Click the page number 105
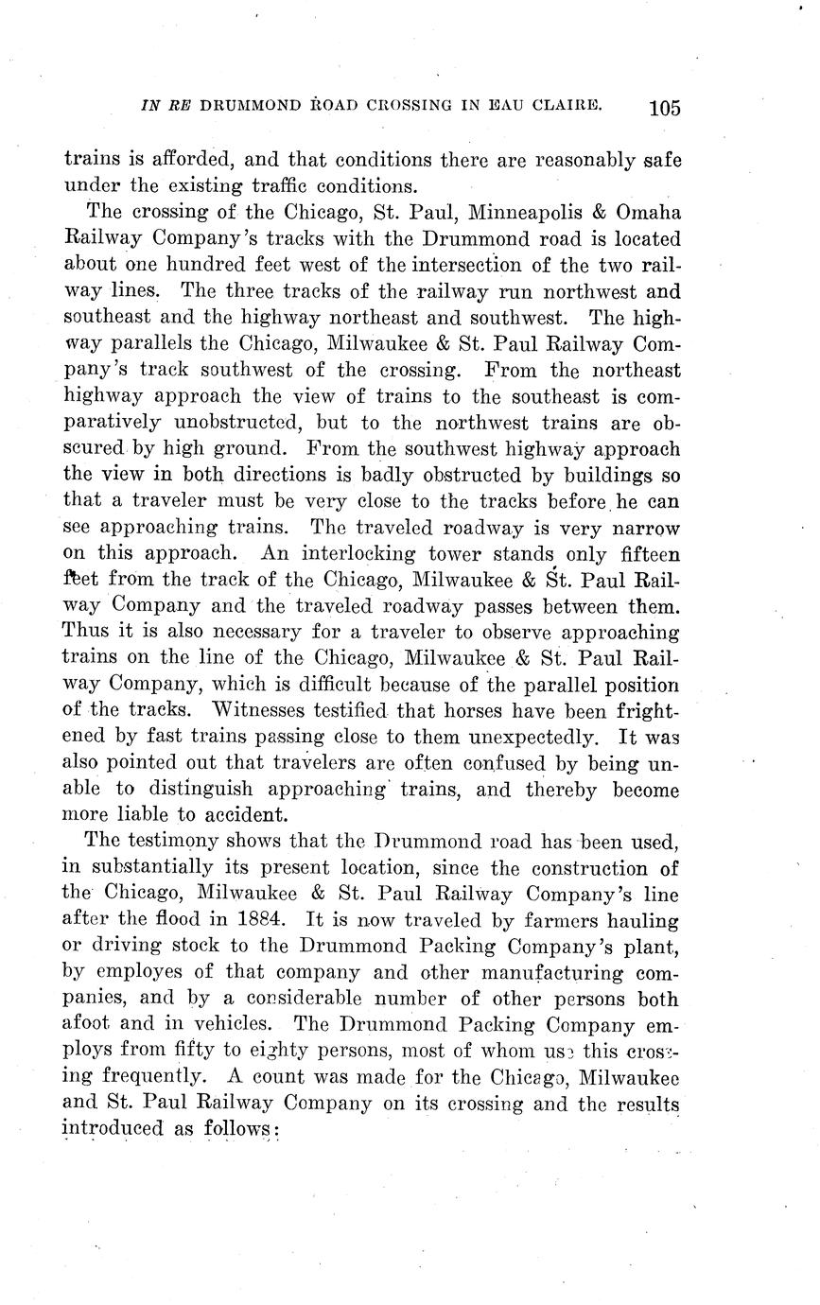pyautogui.click(x=664, y=106)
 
